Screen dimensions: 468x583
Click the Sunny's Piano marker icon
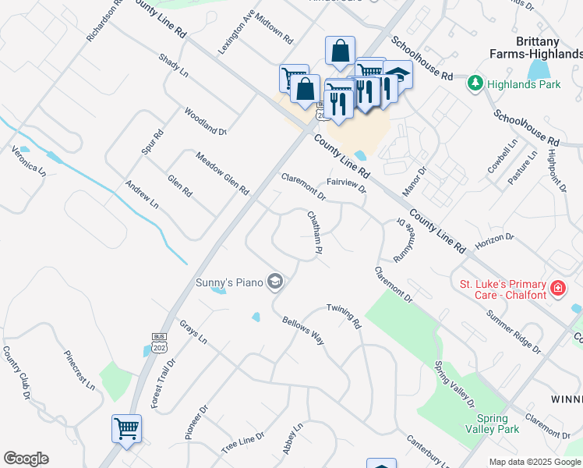pyautogui.click(x=274, y=281)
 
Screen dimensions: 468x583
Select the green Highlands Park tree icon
pyautogui.click(x=474, y=83)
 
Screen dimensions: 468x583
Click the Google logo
pyautogui.click(x=26, y=459)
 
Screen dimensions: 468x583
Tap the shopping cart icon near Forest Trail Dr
pyautogui.click(x=126, y=427)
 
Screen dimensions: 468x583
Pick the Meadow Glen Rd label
pyautogui.click(x=222, y=173)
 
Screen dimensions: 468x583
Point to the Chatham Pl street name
pyautogui.click(x=314, y=233)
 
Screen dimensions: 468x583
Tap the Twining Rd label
pyautogui.click(x=344, y=315)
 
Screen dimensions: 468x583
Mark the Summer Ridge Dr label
pyautogui.click(x=513, y=329)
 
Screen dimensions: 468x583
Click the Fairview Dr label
pyautogui.click(x=347, y=186)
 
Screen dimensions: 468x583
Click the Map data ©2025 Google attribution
pyautogui.click(x=535, y=462)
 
